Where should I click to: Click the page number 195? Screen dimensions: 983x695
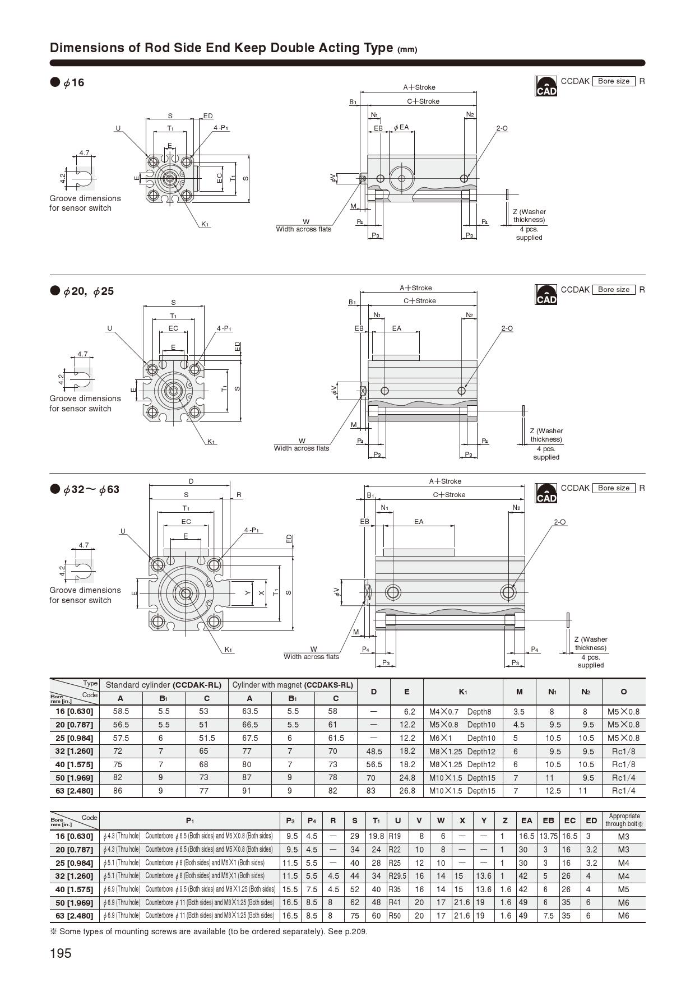[61, 953]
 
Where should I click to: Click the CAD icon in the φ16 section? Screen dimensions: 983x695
[546, 86]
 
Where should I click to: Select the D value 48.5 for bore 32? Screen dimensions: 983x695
[374, 752]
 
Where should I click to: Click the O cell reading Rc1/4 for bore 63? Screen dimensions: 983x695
[623, 791]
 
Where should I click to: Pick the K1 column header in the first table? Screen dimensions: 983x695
[463, 692]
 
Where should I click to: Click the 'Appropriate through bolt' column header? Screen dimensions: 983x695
[624, 820]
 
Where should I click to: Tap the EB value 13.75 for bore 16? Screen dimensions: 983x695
[548, 836]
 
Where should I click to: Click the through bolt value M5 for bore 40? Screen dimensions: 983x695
[623, 889]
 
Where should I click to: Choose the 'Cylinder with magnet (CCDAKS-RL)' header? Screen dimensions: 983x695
[293, 685]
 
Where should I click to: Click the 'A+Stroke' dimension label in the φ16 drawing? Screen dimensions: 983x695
[419, 87]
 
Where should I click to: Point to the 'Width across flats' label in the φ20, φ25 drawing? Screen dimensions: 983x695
[302, 448]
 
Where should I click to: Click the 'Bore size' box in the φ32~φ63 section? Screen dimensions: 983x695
[614, 488]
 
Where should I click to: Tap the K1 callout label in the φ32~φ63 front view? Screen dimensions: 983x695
[229, 650]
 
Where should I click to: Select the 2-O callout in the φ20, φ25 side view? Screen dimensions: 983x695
[507, 328]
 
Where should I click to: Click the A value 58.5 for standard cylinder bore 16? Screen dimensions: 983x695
[121, 711]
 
